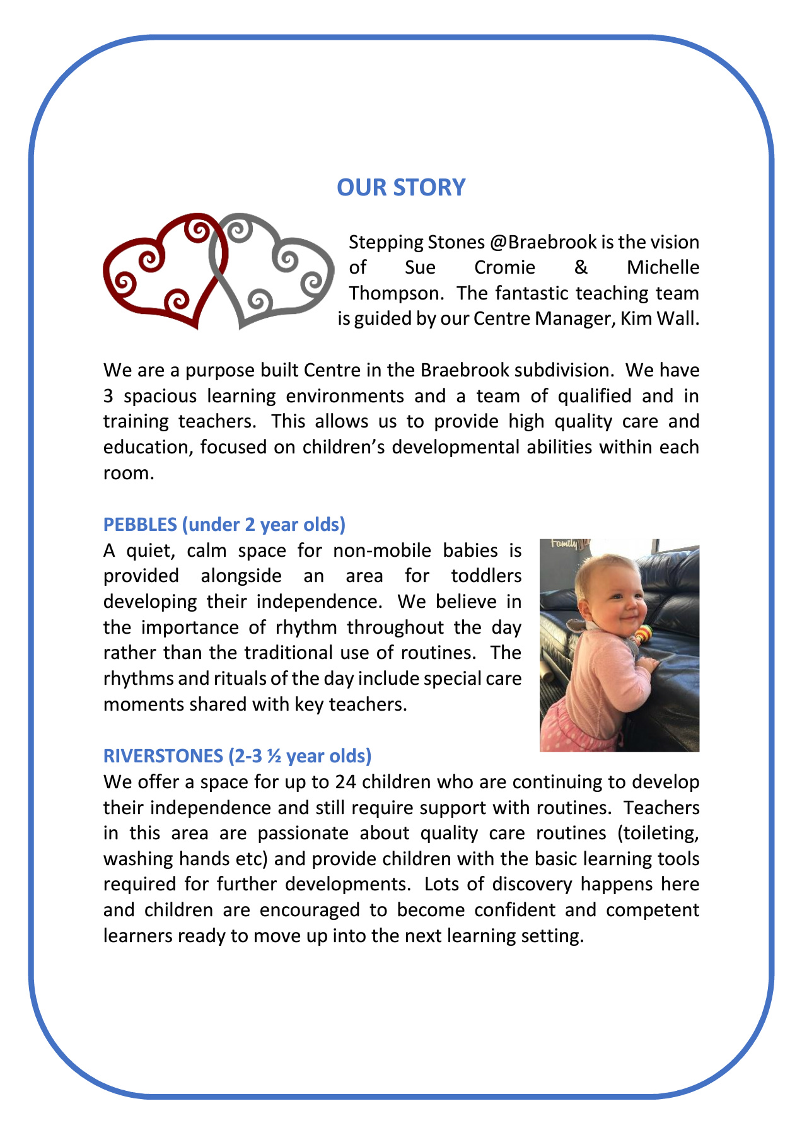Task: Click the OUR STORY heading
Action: (x=401, y=187)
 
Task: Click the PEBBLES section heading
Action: (x=224, y=525)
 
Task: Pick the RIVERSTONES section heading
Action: (x=237, y=755)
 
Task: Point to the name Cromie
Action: (x=504, y=267)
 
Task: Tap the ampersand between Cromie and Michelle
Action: (x=581, y=267)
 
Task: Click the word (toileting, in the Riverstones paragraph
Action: (x=659, y=833)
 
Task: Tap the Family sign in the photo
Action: (x=564, y=544)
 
